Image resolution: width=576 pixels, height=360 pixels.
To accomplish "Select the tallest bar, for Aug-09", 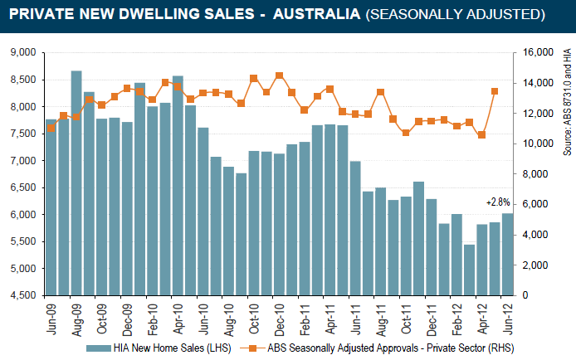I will click(76, 182).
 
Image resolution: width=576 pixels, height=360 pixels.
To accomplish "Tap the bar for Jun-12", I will click(507, 254).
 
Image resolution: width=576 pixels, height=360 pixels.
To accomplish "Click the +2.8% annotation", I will click(499, 202).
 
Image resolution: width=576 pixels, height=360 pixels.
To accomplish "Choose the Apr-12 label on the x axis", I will click(481, 315).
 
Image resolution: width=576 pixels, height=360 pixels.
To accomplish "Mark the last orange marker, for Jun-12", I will click(495, 91).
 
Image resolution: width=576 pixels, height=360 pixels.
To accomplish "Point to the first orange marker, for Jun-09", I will click(51, 128).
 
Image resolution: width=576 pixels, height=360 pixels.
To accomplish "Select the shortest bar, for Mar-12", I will click(469, 270).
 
